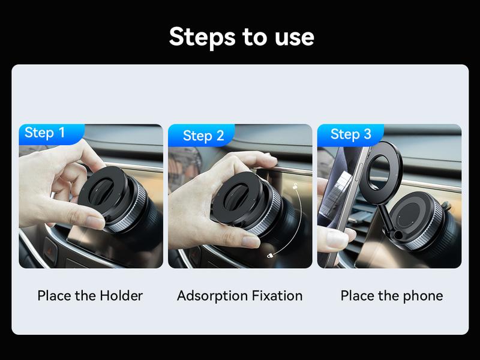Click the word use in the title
(292, 37)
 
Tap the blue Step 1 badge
(45, 133)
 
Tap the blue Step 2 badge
(203, 136)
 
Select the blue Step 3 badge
(350, 134)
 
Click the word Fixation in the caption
(280, 296)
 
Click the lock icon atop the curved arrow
(296, 188)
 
